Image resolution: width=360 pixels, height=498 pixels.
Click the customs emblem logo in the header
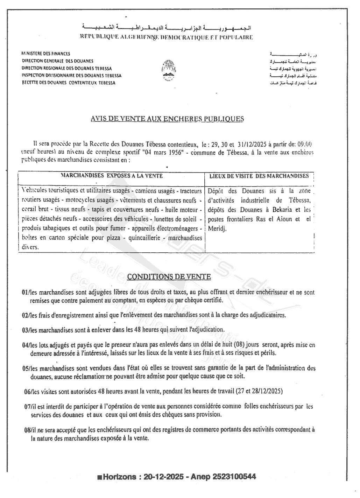point(169,70)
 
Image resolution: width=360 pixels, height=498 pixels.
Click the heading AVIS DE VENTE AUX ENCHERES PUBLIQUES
point(167,119)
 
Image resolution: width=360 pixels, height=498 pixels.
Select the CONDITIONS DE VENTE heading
point(169,277)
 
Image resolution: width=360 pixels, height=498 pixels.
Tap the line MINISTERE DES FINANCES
point(46,54)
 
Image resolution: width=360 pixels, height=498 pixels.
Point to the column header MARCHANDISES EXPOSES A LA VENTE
point(112,176)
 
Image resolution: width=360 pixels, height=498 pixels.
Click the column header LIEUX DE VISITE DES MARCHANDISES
point(259,176)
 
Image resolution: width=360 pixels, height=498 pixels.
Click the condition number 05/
point(25,369)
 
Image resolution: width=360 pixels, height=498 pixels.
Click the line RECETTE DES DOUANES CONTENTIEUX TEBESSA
point(69,83)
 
